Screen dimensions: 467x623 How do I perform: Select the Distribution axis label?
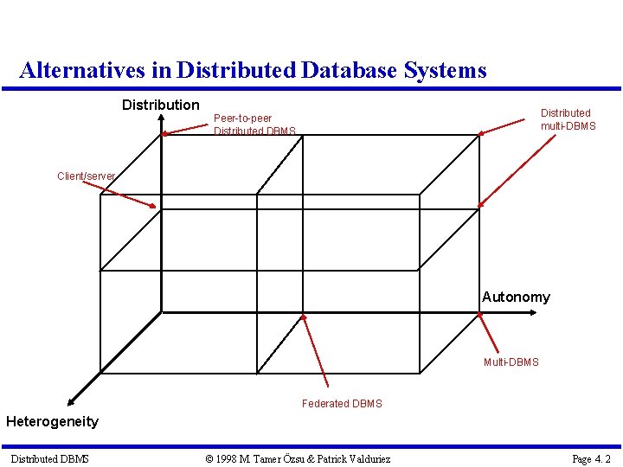160,105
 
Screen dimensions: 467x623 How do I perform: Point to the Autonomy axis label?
516,297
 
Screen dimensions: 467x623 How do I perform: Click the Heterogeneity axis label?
52,421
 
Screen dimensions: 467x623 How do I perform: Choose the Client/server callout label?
86,176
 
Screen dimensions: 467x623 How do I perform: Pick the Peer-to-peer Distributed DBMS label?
254,125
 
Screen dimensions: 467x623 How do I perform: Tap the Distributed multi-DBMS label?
568,119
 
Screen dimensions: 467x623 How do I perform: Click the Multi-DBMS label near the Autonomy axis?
511,361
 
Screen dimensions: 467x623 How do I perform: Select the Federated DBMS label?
342,403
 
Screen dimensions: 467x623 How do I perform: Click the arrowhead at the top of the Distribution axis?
161,129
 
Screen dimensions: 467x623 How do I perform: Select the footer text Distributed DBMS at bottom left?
49,458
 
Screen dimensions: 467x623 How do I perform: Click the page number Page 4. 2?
591,458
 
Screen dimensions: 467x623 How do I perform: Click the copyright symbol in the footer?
209,458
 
